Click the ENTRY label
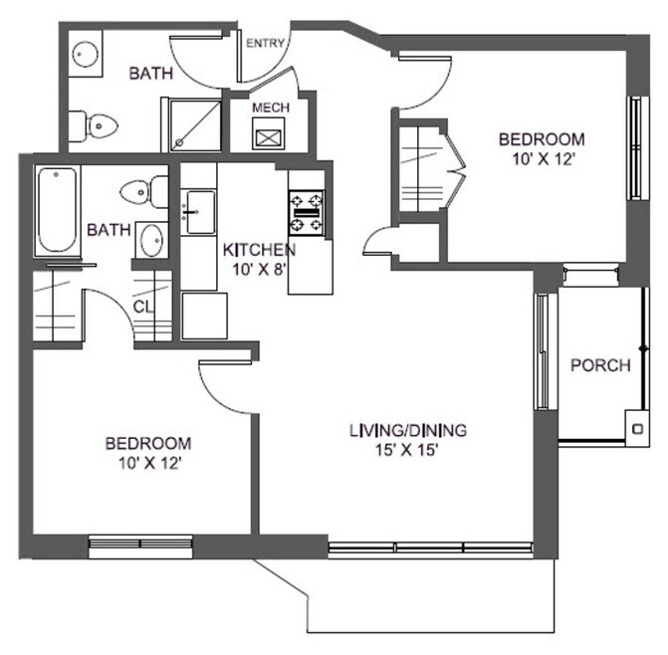pos(266,43)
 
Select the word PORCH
pos(600,365)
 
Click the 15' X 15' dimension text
pos(407,450)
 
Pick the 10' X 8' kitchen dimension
pos(257,269)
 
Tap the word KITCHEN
pos(258,250)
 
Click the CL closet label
pos(144,306)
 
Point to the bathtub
pos(57,212)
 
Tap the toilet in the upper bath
pos(95,125)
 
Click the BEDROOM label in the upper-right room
pos(542,139)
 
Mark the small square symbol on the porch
pos(637,429)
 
